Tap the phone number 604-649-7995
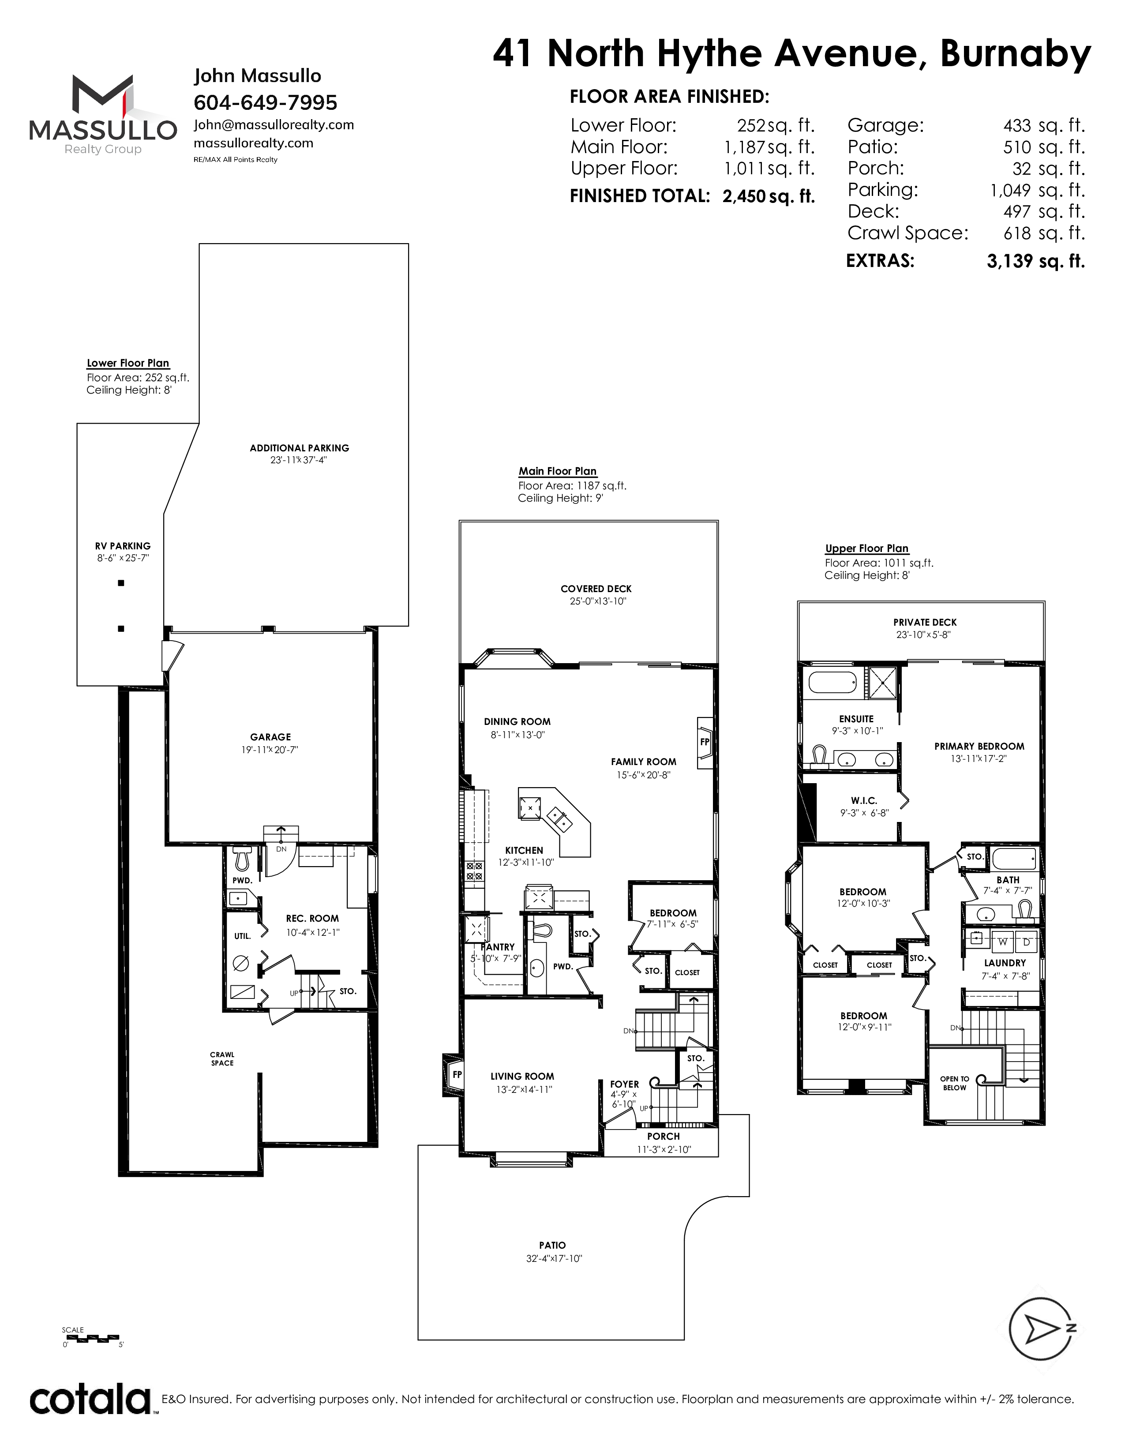click(265, 103)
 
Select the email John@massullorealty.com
click(273, 125)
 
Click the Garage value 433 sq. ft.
click(1044, 125)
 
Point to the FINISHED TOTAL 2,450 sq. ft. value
click(769, 196)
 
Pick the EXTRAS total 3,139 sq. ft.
click(1036, 261)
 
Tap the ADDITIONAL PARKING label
click(299, 448)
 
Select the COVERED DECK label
click(596, 589)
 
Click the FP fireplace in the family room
click(705, 742)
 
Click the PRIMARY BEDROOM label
click(979, 746)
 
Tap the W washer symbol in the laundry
click(1002, 942)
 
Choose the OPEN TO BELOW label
click(954, 1083)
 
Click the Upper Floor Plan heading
click(866, 548)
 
